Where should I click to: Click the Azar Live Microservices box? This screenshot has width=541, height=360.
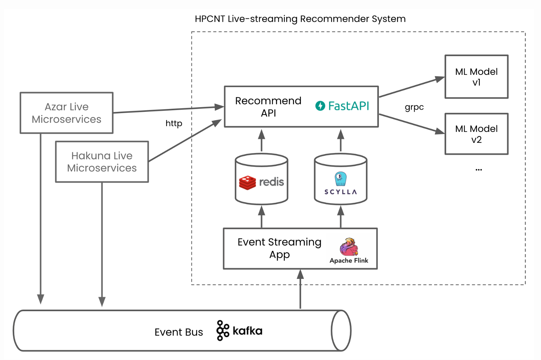pos(67,113)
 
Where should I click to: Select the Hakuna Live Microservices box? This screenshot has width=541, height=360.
pos(102,162)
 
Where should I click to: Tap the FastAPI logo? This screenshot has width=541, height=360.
pos(342,106)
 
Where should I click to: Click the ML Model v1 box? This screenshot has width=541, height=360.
pos(476,77)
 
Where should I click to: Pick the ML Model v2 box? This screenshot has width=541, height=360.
pos(476,134)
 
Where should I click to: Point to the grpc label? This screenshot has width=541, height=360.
pos(414,107)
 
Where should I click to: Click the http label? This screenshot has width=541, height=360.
pos(174,123)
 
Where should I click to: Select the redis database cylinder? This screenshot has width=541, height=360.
pos(261,179)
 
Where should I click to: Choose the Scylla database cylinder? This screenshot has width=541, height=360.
pos(341,179)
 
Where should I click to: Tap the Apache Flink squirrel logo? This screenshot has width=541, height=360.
pos(349,247)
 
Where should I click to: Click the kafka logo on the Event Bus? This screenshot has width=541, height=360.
pos(239,331)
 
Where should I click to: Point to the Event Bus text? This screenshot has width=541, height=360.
pos(179,332)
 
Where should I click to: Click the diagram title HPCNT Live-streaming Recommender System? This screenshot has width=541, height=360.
pos(300,19)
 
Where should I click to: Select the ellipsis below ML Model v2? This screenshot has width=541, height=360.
pos(479,170)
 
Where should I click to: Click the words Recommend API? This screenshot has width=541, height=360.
pos(268,107)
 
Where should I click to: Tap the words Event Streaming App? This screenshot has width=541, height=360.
pos(279,248)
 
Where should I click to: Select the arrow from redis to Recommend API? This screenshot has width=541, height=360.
pos(261,141)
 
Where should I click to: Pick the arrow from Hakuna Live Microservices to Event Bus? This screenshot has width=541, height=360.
pos(102,244)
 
